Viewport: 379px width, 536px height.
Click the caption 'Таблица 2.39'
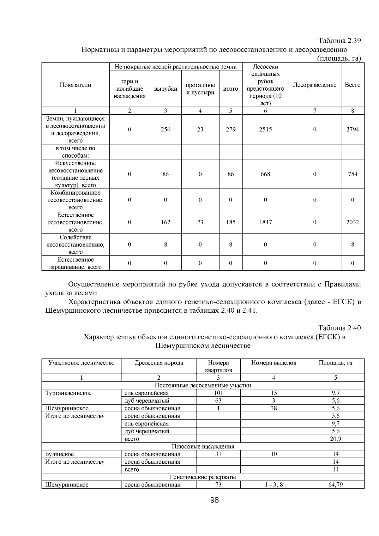[x=339, y=41]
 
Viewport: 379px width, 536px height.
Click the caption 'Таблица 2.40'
[x=339, y=328]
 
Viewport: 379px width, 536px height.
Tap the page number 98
[x=215, y=500]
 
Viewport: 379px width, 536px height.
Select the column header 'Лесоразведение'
[x=315, y=85]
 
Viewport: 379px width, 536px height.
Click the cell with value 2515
[x=265, y=129]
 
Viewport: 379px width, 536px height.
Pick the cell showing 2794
[x=352, y=129]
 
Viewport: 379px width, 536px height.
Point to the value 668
[x=265, y=174]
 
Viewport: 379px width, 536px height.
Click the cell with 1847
[x=265, y=222]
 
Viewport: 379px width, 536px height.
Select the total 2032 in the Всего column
[x=352, y=222]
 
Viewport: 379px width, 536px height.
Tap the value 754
[x=352, y=174]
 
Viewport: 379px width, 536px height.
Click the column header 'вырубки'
[x=165, y=89]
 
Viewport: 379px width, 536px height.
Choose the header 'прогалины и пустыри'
[x=200, y=89]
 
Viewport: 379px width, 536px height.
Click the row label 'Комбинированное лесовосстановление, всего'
[x=75, y=200]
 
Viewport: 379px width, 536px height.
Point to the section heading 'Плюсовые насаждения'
[x=203, y=446]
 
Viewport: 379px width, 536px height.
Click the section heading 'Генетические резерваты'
[x=203, y=477]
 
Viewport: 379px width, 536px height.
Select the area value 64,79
[x=335, y=485]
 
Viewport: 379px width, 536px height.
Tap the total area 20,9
[x=335, y=439]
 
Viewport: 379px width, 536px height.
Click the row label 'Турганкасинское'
[x=69, y=393]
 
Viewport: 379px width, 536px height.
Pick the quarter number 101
[x=218, y=393]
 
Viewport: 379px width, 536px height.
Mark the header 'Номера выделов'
[x=274, y=363]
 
